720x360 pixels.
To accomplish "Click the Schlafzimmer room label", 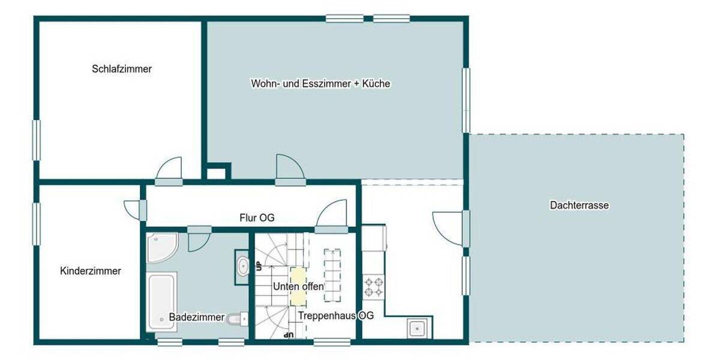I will pyautogui.click(x=122, y=69).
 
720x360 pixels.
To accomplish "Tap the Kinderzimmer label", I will pyautogui.click(x=91, y=271).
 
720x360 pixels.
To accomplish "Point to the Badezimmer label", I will pyautogui.click(x=196, y=317).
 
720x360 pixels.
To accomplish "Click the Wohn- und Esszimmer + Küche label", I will pyautogui.click(x=320, y=84).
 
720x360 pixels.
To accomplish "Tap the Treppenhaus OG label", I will pyautogui.click(x=336, y=316).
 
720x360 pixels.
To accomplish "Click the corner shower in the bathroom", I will pyautogui.click(x=160, y=247).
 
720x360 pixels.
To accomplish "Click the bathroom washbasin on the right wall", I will pyautogui.click(x=242, y=266).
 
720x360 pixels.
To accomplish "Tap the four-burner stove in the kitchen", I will pyautogui.click(x=373, y=286).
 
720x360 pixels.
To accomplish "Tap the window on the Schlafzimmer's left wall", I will pyautogui.click(x=36, y=140).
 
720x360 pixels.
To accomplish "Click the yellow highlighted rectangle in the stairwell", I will pyautogui.click(x=298, y=286).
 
